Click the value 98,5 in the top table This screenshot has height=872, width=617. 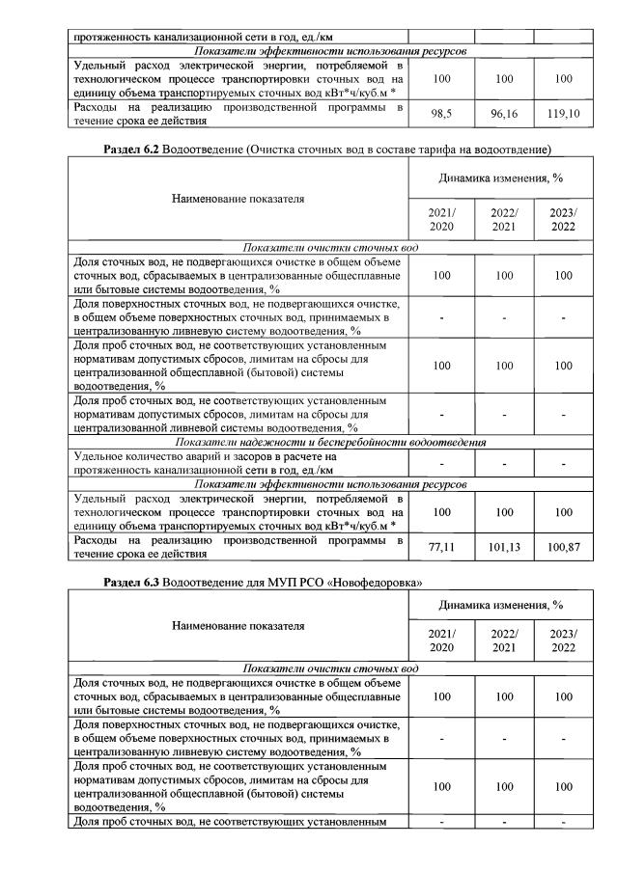[441, 112]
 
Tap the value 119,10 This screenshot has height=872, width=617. [562, 112]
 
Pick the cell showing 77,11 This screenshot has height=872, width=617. [441, 546]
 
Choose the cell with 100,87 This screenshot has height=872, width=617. [562, 546]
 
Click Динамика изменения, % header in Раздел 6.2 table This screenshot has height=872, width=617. [501, 177]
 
